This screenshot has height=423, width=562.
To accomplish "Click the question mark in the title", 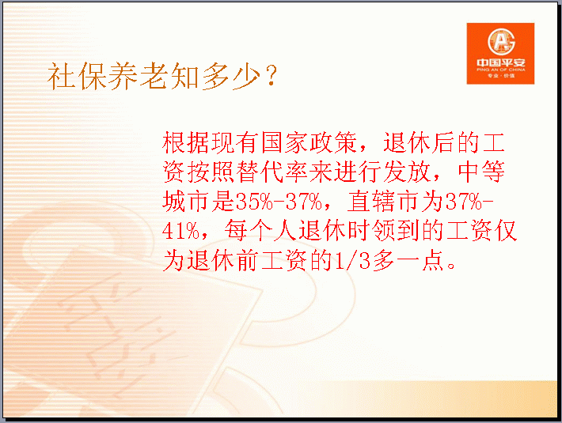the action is tap(272, 75).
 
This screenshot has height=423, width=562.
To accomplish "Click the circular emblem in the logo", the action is tap(501, 41).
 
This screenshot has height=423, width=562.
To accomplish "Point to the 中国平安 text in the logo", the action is tap(501, 62).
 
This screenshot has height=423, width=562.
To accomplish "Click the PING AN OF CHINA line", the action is tap(501, 70).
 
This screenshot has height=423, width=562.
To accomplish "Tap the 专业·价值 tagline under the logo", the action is tap(501, 76).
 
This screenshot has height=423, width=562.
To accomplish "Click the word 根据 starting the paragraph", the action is tap(186, 142).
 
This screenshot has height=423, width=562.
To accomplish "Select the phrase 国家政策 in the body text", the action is tap(309, 142).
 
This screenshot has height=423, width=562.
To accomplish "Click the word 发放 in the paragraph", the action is tap(407, 172).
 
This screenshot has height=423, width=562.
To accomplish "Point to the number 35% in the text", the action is tap(254, 202).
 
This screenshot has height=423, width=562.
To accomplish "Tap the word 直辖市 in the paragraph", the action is tap(383, 202).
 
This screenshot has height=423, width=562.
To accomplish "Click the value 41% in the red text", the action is tap(180, 231).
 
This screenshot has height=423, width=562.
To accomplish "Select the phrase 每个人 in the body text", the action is tap(260, 231).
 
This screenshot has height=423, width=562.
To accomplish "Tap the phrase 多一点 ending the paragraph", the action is tap(408, 260).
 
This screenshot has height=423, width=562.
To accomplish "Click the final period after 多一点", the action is tap(452, 266).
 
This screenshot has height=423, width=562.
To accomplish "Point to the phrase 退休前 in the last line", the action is tap(222, 260).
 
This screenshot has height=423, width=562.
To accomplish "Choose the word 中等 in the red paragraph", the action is tap(481, 172).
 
